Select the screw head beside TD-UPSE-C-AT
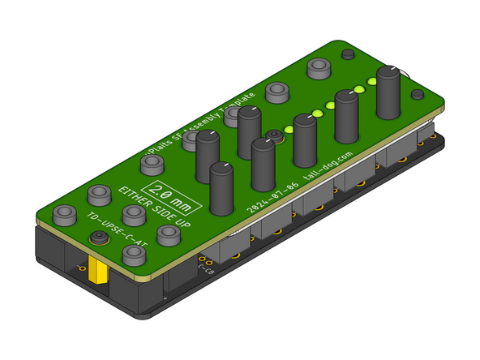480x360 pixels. click(x=99, y=238)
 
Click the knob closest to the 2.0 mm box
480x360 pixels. click(x=221, y=188)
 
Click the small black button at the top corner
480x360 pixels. click(x=348, y=54)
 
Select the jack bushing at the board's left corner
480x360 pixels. click(x=63, y=216)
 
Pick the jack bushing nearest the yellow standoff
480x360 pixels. click(x=132, y=255)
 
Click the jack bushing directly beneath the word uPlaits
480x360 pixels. click(x=152, y=165)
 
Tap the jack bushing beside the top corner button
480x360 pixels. click(x=318, y=68)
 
